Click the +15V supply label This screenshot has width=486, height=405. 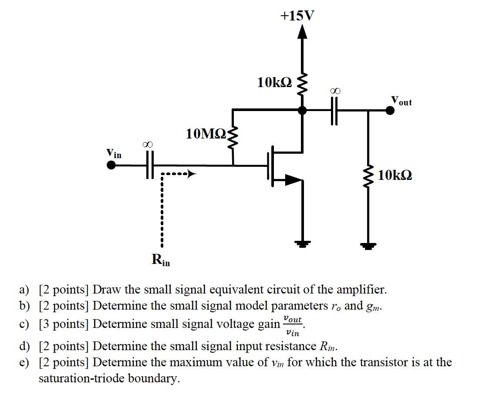pyautogui.click(x=297, y=16)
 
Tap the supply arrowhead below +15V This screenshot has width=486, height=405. pyautogui.click(x=302, y=32)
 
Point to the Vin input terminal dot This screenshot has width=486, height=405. pyautogui.click(x=111, y=165)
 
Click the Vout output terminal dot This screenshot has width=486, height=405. pyautogui.click(x=390, y=111)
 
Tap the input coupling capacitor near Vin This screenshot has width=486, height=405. pyautogui.click(x=150, y=165)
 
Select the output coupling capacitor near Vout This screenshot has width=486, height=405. pyautogui.click(x=334, y=111)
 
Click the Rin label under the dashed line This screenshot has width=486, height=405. pyautogui.click(x=161, y=260)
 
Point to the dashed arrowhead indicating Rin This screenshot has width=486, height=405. pyautogui.click(x=191, y=174)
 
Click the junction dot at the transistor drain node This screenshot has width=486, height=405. pyautogui.click(x=302, y=111)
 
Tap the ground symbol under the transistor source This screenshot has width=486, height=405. pyautogui.click(x=302, y=245)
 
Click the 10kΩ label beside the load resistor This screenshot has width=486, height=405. pyautogui.click(x=395, y=175)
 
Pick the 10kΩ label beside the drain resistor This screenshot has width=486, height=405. pyautogui.click(x=275, y=82)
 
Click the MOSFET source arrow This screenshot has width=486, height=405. pyautogui.click(x=293, y=179)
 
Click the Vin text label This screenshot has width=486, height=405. pyautogui.click(x=114, y=153)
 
